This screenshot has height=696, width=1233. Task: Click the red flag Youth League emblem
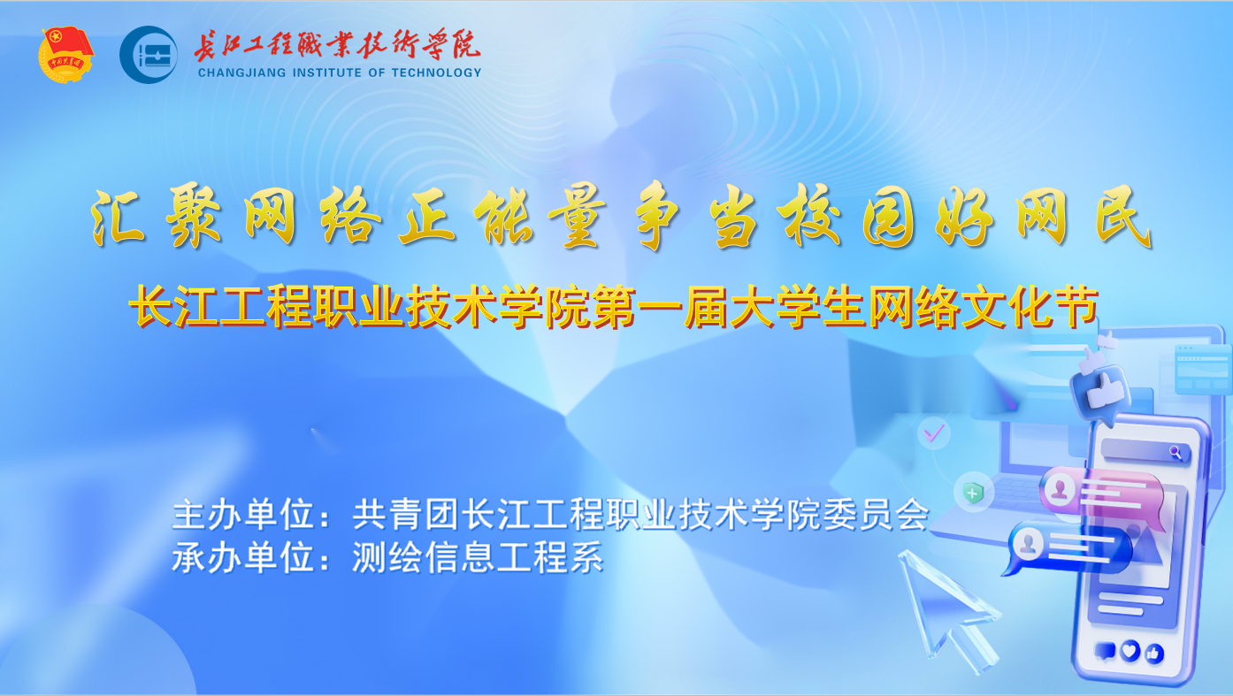coord(66,55)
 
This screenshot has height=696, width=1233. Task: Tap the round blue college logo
coord(148,55)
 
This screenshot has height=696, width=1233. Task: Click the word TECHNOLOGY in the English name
coord(436,73)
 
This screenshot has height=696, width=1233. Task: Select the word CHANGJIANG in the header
coord(241,73)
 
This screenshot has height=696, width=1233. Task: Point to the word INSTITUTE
coord(327,73)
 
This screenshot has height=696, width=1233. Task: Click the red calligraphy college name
coord(337,44)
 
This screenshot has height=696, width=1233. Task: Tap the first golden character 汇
coord(118,217)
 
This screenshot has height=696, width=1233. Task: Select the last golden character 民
coord(1123,216)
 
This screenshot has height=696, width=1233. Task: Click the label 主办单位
coord(243,515)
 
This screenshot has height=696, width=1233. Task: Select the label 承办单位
coord(243,557)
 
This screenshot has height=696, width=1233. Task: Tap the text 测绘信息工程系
coord(478,557)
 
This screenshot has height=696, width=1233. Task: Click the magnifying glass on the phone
coord(1175,452)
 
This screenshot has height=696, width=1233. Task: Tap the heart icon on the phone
coord(1130,651)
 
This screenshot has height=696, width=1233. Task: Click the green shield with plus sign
coord(973,492)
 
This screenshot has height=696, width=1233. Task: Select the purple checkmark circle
coord(933,433)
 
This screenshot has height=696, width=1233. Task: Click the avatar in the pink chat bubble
coord(1059,488)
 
